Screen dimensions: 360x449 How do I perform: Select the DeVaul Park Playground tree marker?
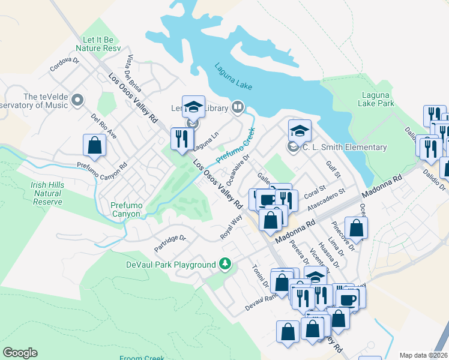[225, 264]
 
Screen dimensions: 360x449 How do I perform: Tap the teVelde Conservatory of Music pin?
[77, 100]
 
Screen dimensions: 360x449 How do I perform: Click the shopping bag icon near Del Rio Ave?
[95, 145]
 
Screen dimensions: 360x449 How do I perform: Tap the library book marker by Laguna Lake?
[238, 108]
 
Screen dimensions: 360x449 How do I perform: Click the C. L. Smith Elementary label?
[344, 147]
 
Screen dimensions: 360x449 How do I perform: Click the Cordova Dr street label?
[65, 64]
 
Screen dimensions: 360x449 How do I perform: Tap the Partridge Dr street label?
[170, 242]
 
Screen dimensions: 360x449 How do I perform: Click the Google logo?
[20, 353]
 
